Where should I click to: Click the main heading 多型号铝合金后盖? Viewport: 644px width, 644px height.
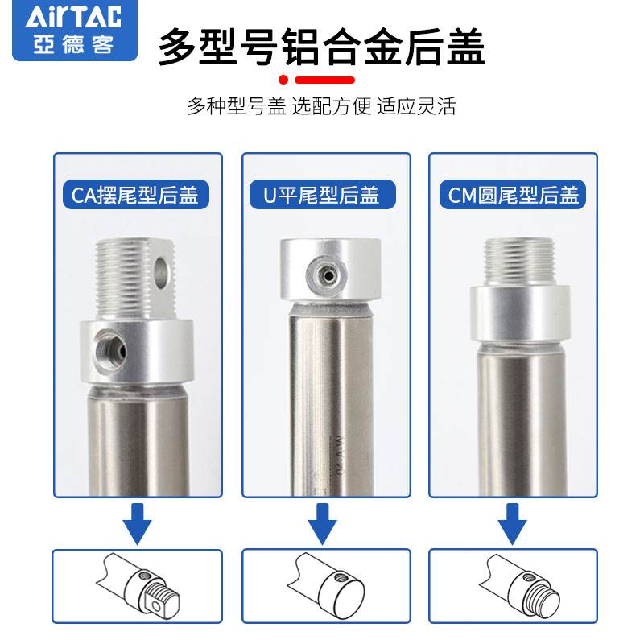[321, 47]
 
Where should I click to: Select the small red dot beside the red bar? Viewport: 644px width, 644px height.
[283, 80]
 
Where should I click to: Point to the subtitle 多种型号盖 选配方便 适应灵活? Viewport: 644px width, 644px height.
[321, 106]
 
